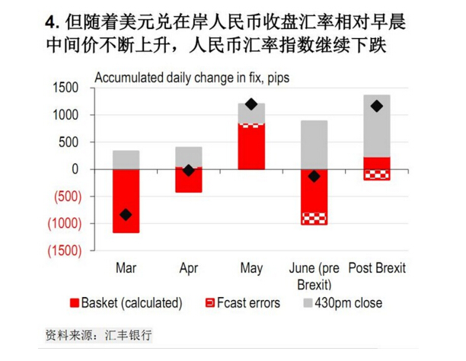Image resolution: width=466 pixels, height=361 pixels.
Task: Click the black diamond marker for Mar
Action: coord(126,215)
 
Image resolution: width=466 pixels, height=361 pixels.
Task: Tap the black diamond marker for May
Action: coord(251,104)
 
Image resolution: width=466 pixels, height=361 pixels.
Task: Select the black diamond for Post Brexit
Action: coord(376,106)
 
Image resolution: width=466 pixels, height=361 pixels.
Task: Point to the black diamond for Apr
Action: coord(188,171)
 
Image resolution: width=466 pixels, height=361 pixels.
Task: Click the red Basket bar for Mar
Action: coord(126,200)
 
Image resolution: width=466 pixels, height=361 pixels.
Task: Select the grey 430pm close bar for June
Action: coord(314,145)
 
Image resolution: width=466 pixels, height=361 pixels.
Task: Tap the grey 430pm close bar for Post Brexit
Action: coord(376,126)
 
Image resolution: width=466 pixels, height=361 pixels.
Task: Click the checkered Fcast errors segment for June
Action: coord(314,219)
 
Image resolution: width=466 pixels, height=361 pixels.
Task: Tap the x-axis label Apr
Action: coord(188,268)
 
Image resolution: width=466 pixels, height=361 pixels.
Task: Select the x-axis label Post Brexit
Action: coord(376,268)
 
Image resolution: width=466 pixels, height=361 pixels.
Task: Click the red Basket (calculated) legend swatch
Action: coord(74,303)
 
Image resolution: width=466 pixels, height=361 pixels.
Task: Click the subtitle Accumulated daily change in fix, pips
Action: coord(191,77)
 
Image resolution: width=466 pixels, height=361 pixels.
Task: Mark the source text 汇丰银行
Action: coord(129,335)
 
